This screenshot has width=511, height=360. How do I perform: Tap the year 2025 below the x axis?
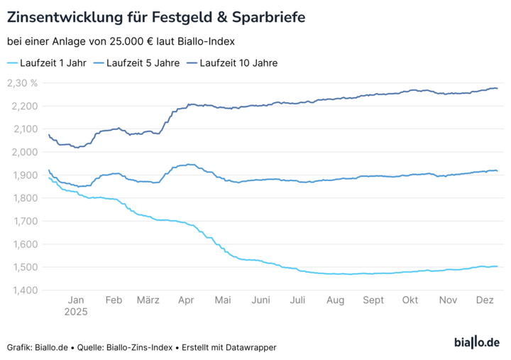(x=75, y=312)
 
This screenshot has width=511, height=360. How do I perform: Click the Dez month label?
(x=484, y=300)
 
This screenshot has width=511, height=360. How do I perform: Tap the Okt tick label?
(x=410, y=300)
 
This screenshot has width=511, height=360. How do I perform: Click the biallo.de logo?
(x=476, y=343)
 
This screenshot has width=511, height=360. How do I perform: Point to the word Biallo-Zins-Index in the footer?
(x=142, y=347)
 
